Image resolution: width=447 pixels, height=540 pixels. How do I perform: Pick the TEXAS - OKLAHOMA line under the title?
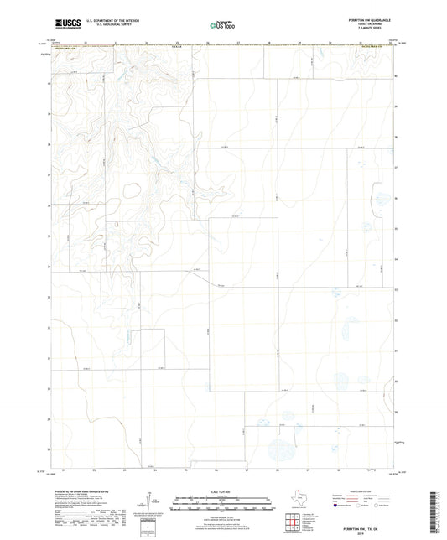tap(374, 24)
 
